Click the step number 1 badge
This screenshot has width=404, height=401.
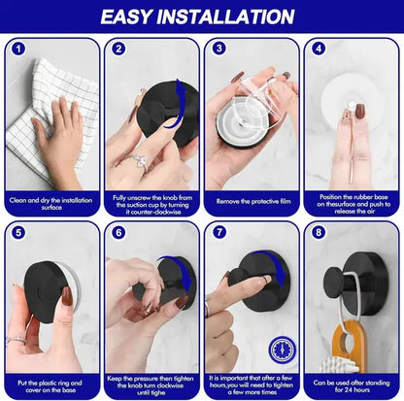pos(17,49)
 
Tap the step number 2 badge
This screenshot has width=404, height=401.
pos(118,49)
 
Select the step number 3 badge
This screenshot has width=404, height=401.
pos(219,49)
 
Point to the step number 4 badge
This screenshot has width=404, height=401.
pos(320,49)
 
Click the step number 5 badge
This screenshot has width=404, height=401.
pos(17,233)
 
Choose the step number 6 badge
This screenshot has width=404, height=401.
pos(118,233)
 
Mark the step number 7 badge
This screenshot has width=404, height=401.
pos(219,233)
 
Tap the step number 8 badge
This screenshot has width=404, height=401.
pos(320,233)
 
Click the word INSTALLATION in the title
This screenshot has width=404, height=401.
pos(237,17)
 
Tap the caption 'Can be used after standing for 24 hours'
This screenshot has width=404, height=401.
pos(353,385)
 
